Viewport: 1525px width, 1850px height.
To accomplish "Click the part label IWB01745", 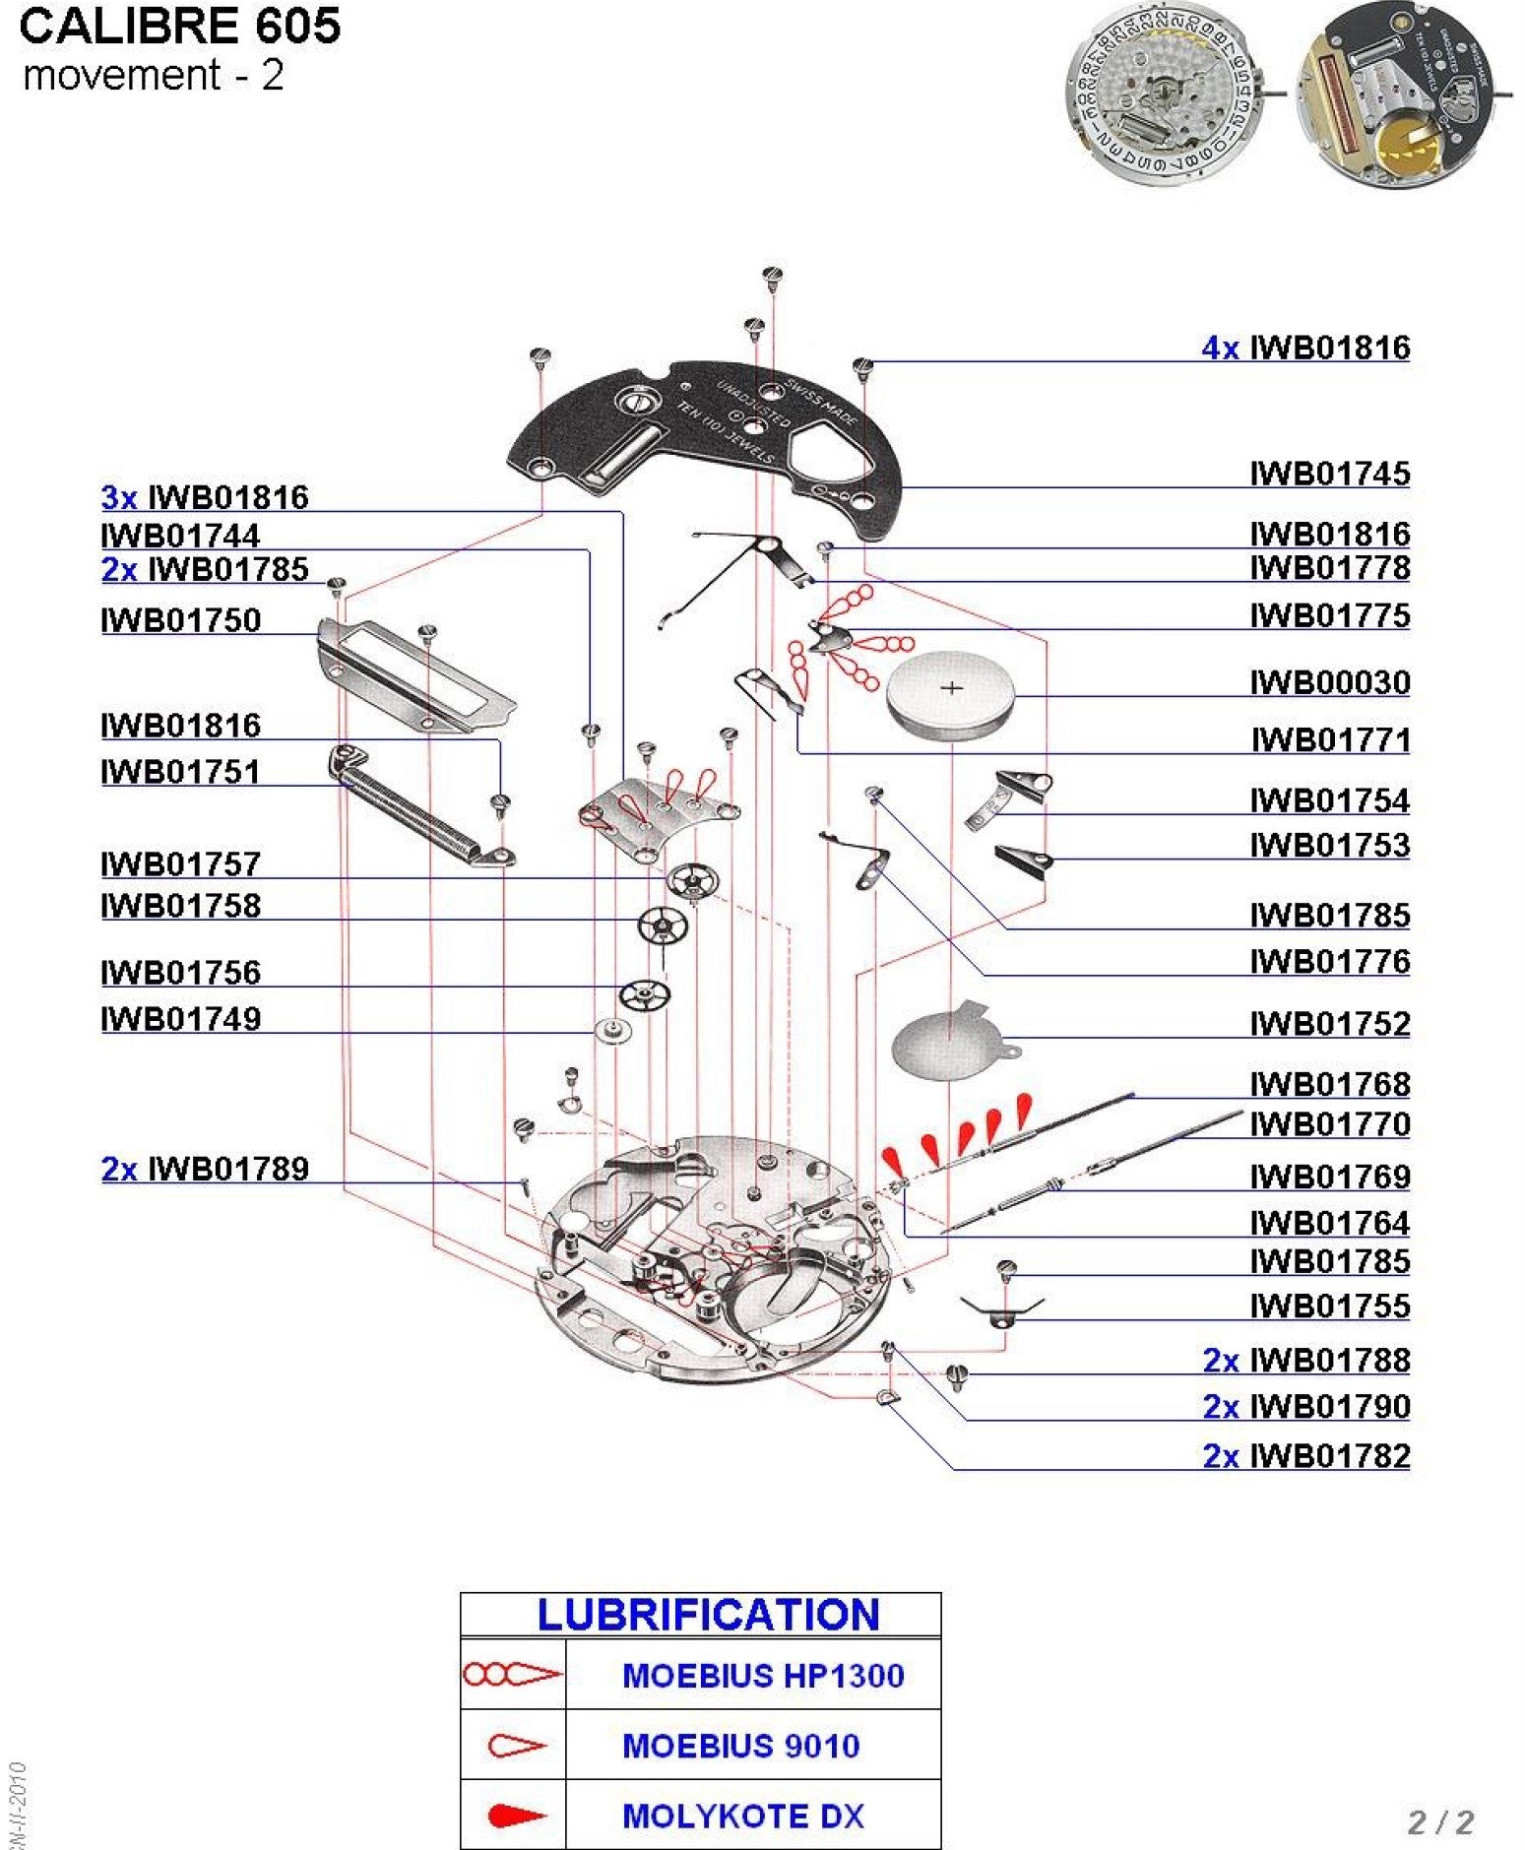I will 1329,474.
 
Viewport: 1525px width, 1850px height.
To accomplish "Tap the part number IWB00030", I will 1329,682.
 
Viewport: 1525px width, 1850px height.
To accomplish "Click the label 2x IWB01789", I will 205,1169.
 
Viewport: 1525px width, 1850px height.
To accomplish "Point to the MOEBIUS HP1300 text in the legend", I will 762,1675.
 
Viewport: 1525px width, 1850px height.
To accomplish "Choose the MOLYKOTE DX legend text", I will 742,1816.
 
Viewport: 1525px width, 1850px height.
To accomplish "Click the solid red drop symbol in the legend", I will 515,1816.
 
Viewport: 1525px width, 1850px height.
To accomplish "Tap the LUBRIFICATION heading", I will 708,1615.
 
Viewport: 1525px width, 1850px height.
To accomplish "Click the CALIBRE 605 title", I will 180,27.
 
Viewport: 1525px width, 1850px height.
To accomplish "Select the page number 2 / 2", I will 1440,1821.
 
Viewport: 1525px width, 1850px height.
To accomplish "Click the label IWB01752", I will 1329,1024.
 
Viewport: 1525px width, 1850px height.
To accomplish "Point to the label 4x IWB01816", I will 1305,348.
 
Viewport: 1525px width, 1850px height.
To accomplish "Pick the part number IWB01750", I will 181,620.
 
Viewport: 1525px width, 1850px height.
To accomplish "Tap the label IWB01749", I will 181,1019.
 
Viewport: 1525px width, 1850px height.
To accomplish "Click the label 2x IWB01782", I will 1305,1455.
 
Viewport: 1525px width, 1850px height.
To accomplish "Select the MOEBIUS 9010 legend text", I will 740,1746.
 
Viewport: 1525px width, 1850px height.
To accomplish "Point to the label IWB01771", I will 1330,739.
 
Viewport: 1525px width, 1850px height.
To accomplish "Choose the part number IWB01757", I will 181,864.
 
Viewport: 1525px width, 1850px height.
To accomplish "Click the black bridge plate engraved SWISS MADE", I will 709,433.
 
